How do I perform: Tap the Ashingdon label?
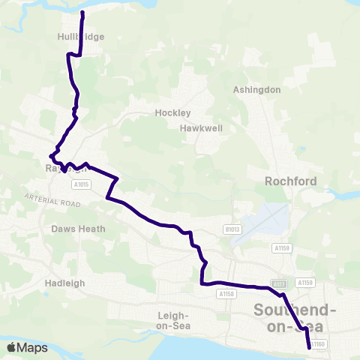[x=256, y=90]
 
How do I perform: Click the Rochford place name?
[x=291, y=181]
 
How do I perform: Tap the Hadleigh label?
[x=65, y=283]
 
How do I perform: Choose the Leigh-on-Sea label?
[x=174, y=321]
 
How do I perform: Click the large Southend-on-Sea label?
[x=295, y=318]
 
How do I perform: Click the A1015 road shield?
[x=81, y=184]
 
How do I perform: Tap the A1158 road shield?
[x=228, y=294]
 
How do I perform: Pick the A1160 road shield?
[x=317, y=344]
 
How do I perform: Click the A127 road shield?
[x=278, y=285]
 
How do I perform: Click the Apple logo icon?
[x=13, y=347]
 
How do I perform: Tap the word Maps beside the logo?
[x=33, y=348]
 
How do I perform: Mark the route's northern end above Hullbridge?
[x=82, y=13]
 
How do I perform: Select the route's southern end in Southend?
[x=309, y=347]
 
